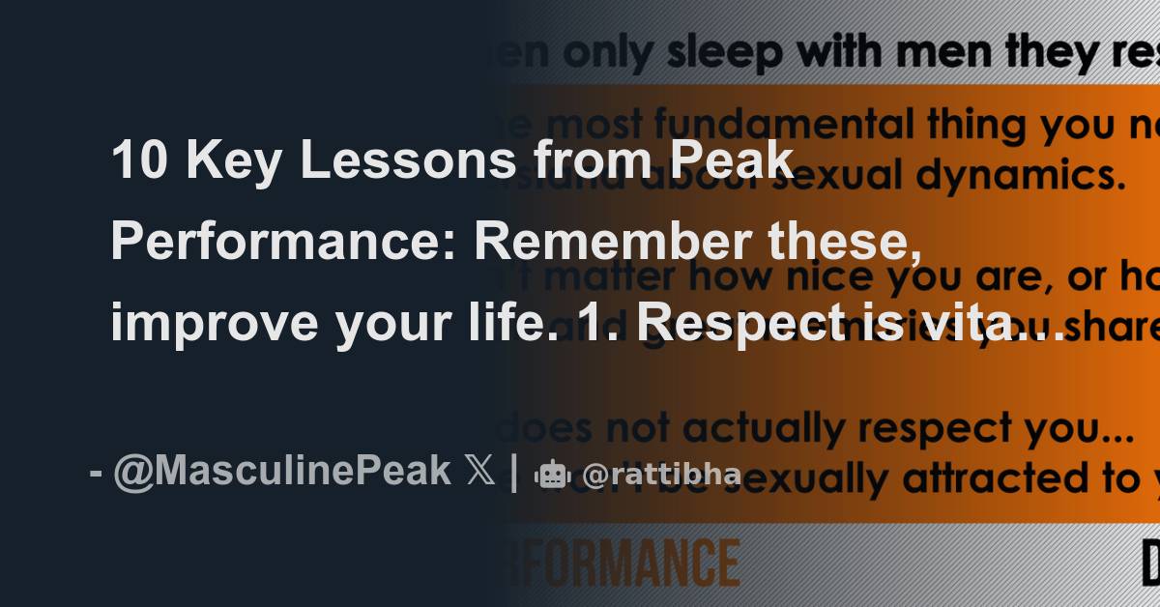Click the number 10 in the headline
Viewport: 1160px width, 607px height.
point(136,160)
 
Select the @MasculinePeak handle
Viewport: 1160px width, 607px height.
point(281,472)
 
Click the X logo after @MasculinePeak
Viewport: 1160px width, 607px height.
point(479,472)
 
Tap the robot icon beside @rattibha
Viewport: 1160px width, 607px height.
point(552,474)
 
